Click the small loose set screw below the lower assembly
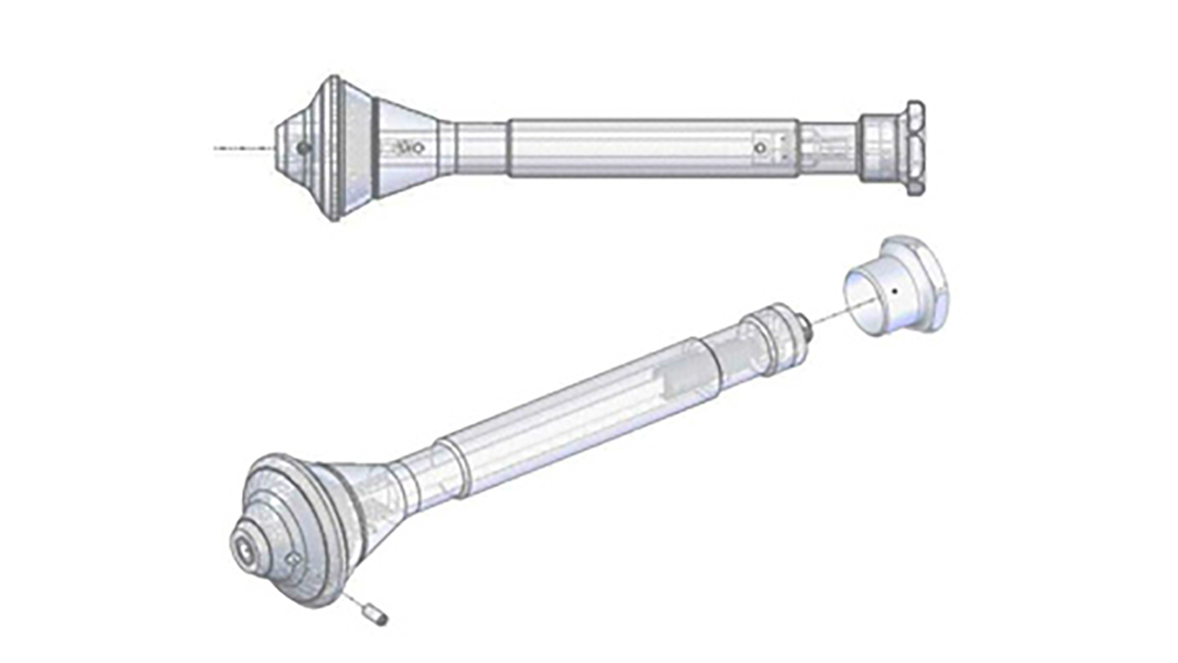[373, 615]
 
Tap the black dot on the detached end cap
[894, 290]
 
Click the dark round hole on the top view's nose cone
[303, 148]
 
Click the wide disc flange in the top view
[334, 148]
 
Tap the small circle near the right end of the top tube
[760, 148]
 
